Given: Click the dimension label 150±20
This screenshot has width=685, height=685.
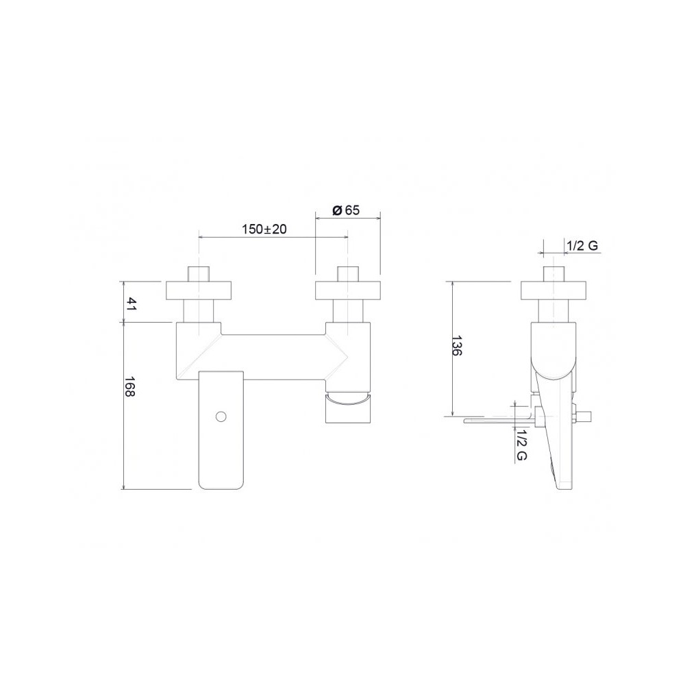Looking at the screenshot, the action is pyautogui.click(x=264, y=229).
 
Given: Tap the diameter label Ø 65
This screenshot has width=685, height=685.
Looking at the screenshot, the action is pyautogui.click(x=345, y=210).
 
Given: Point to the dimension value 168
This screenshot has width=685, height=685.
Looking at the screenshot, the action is pyautogui.click(x=130, y=386).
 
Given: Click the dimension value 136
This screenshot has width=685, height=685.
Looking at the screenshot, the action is pyautogui.click(x=457, y=346).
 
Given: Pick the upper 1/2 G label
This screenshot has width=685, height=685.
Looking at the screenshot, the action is pyautogui.click(x=582, y=245).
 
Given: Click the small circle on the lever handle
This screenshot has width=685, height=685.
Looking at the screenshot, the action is pyautogui.click(x=221, y=416).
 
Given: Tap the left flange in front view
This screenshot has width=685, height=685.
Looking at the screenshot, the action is pyautogui.click(x=199, y=291).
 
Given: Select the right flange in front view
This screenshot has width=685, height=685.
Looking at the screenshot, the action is pyautogui.click(x=348, y=291).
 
